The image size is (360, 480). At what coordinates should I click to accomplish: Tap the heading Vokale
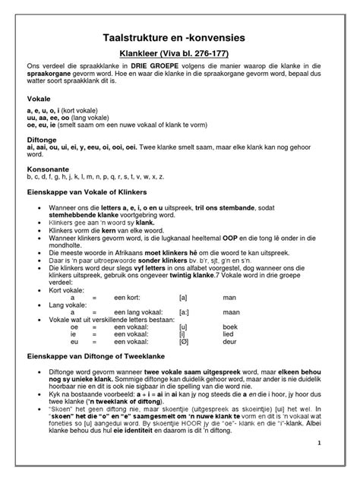click(38, 99)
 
